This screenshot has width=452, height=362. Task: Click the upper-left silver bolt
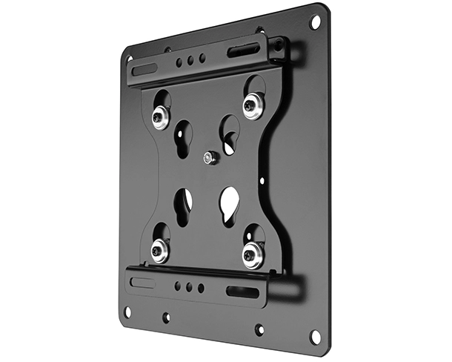pos(160,117)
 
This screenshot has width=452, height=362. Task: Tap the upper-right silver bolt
pos(252,105)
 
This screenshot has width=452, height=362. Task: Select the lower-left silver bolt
pos(159,251)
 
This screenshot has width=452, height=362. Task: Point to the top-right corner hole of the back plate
pos(315,22)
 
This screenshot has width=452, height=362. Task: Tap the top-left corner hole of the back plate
pos(130,58)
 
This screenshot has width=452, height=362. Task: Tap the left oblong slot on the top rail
pos(145,69)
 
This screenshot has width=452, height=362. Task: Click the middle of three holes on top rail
pos(190,61)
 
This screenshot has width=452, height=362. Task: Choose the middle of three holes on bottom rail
pos(189,286)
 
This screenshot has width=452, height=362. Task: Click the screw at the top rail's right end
pos(277,46)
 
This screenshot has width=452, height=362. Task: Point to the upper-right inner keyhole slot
pos(229,134)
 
